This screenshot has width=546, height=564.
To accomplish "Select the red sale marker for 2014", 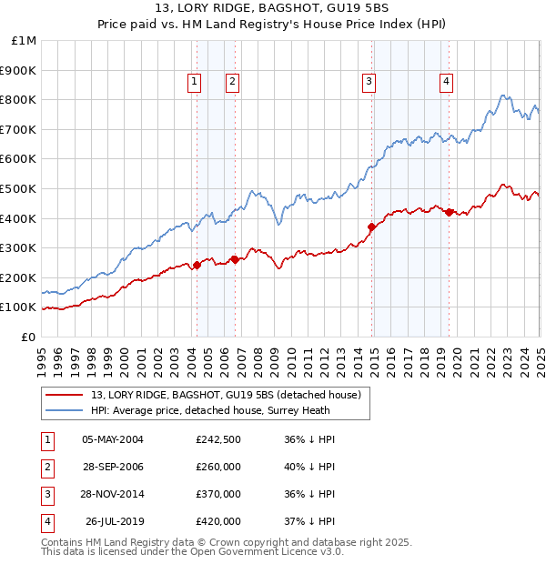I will coord(371,227).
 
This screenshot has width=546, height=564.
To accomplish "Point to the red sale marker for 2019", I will coord(450,212).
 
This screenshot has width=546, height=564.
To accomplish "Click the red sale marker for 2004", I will coord(197,265).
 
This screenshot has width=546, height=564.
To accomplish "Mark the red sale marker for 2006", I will coord(235,259).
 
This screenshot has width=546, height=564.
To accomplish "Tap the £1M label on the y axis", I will coord(25,41).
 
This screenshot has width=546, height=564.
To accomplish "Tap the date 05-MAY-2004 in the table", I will coord(113,439).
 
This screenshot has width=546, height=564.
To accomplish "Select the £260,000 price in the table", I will coord(218,467).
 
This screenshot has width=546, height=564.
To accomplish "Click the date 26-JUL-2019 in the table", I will coord(113,521).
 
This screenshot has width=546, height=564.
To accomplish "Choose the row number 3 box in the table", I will coord(46,494).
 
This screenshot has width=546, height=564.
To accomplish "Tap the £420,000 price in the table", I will coord(218,521).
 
